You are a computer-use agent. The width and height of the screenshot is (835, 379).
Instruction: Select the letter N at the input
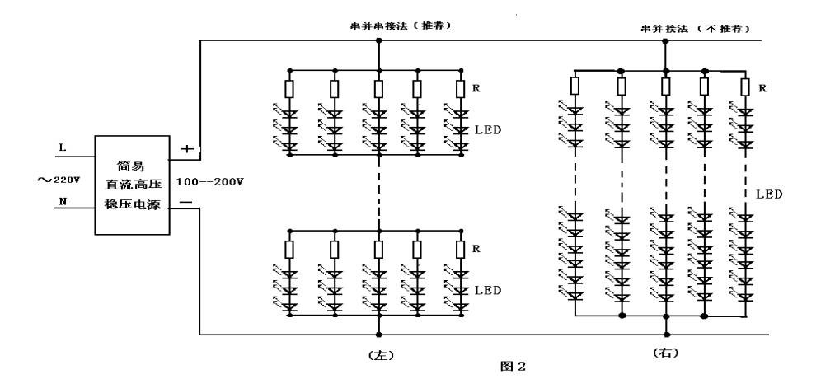(x=61, y=201)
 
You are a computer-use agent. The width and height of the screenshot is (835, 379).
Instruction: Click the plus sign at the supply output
(x=187, y=149)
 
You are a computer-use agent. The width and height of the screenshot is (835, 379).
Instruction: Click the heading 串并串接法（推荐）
(x=401, y=26)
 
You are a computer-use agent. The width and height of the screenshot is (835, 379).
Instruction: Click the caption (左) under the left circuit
(x=380, y=355)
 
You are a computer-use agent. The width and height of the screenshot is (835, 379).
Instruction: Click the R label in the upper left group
(x=477, y=87)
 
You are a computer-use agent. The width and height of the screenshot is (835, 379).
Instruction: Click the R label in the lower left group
(x=477, y=246)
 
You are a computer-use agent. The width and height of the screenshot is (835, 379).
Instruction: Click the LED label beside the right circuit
(x=769, y=195)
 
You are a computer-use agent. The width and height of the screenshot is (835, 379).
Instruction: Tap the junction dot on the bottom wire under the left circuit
(x=379, y=335)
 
